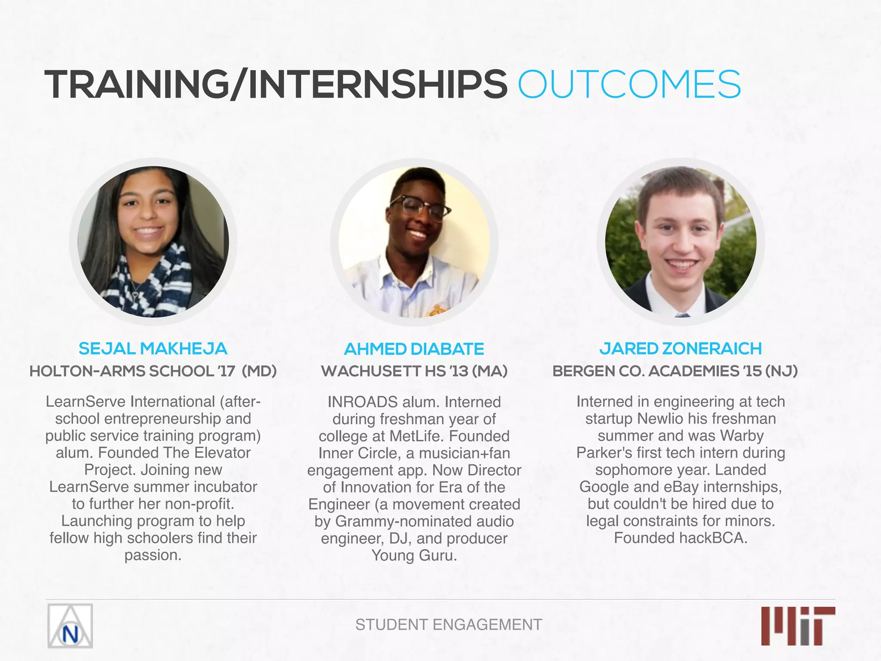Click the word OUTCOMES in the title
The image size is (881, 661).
[629, 84]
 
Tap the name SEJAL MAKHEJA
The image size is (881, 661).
[153, 349]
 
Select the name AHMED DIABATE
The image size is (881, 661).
[414, 349]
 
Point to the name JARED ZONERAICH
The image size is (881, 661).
[681, 349]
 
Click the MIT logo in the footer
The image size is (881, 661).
[798, 626]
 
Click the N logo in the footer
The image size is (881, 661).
[70, 626]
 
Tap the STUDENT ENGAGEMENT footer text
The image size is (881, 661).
[449, 624]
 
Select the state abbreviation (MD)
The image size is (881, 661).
[259, 371]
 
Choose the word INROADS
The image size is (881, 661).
[362, 402]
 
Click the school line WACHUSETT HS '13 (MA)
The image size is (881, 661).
[414, 371]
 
